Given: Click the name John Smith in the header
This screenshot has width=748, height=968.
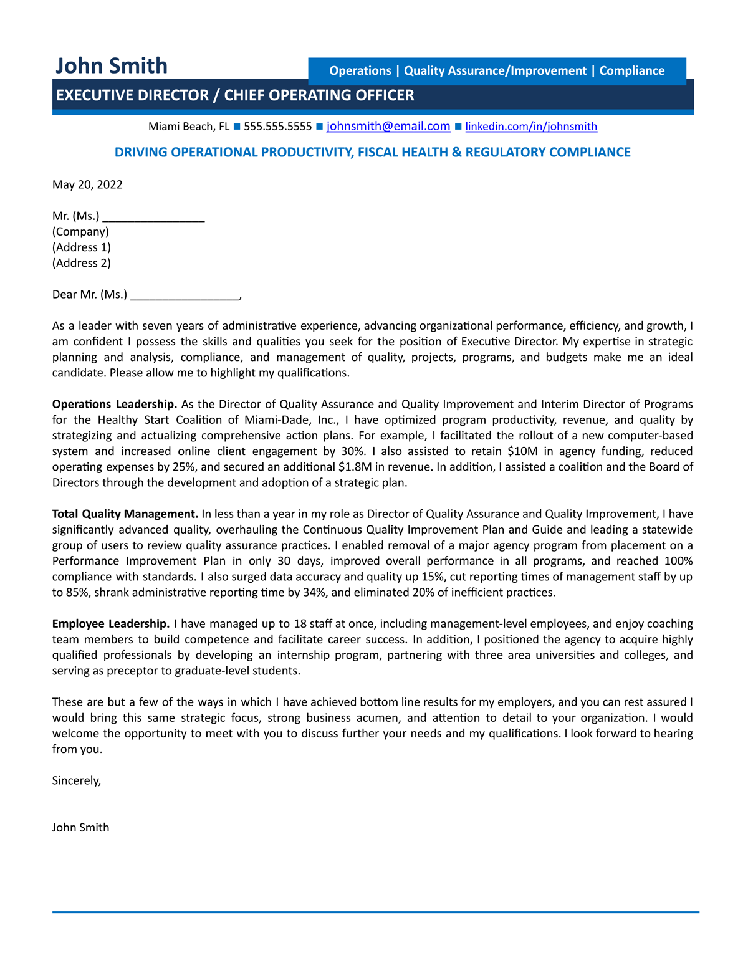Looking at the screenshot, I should (x=112, y=66).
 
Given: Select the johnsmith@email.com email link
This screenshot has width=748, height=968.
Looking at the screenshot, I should (x=388, y=127).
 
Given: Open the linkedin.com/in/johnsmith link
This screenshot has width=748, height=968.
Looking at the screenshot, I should (x=531, y=127).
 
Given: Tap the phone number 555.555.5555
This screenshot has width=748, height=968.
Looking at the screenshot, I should (x=277, y=127).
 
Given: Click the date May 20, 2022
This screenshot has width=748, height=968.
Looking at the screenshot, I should (x=87, y=184).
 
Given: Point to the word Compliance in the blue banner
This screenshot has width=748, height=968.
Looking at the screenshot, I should (x=631, y=71).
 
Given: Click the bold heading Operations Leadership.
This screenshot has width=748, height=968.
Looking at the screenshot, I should (x=115, y=405).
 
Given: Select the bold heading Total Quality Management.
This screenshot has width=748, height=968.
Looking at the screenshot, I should (x=125, y=514).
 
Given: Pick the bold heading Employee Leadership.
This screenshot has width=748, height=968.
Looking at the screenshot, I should (x=110, y=624).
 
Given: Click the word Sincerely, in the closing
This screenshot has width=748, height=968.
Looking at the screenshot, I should (x=76, y=780).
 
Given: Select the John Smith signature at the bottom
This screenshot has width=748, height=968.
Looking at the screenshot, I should (x=80, y=828).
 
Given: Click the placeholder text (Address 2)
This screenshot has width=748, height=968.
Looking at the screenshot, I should (x=82, y=263).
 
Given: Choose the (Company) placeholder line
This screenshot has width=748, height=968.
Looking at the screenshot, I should (x=80, y=232).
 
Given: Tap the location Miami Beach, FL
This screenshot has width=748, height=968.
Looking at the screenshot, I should (x=189, y=127).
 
